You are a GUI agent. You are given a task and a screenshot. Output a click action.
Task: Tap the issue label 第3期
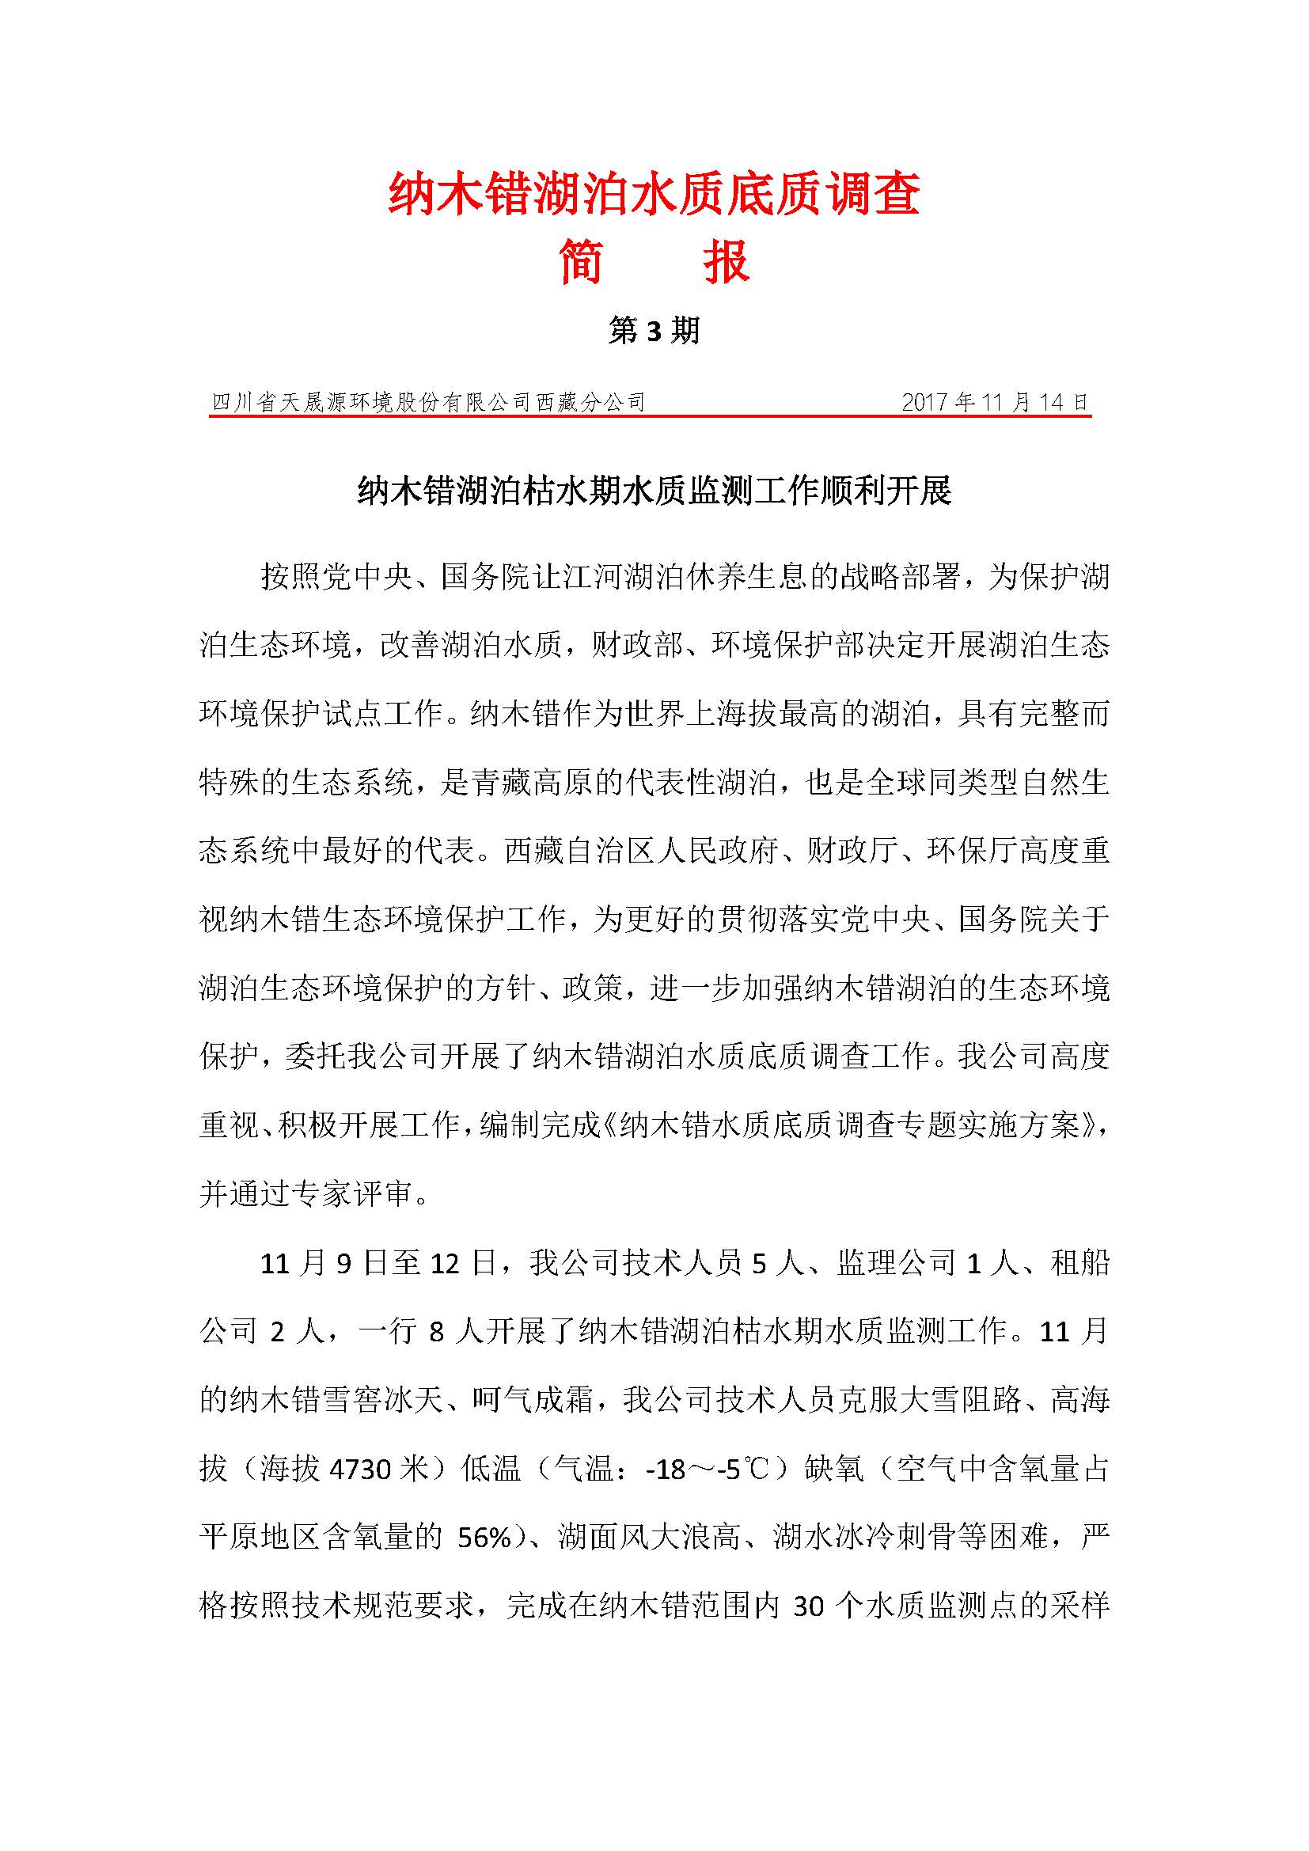[x=654, y=332]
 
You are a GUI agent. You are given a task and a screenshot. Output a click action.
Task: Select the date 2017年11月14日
[x=995, y=402]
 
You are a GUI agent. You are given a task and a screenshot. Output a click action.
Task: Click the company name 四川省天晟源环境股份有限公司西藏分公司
[x=428, y=402]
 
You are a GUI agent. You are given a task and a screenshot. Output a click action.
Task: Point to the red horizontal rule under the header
[x=650, y=418]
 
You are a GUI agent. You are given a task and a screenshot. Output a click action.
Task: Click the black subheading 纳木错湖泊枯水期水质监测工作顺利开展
[x=654, y=491]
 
